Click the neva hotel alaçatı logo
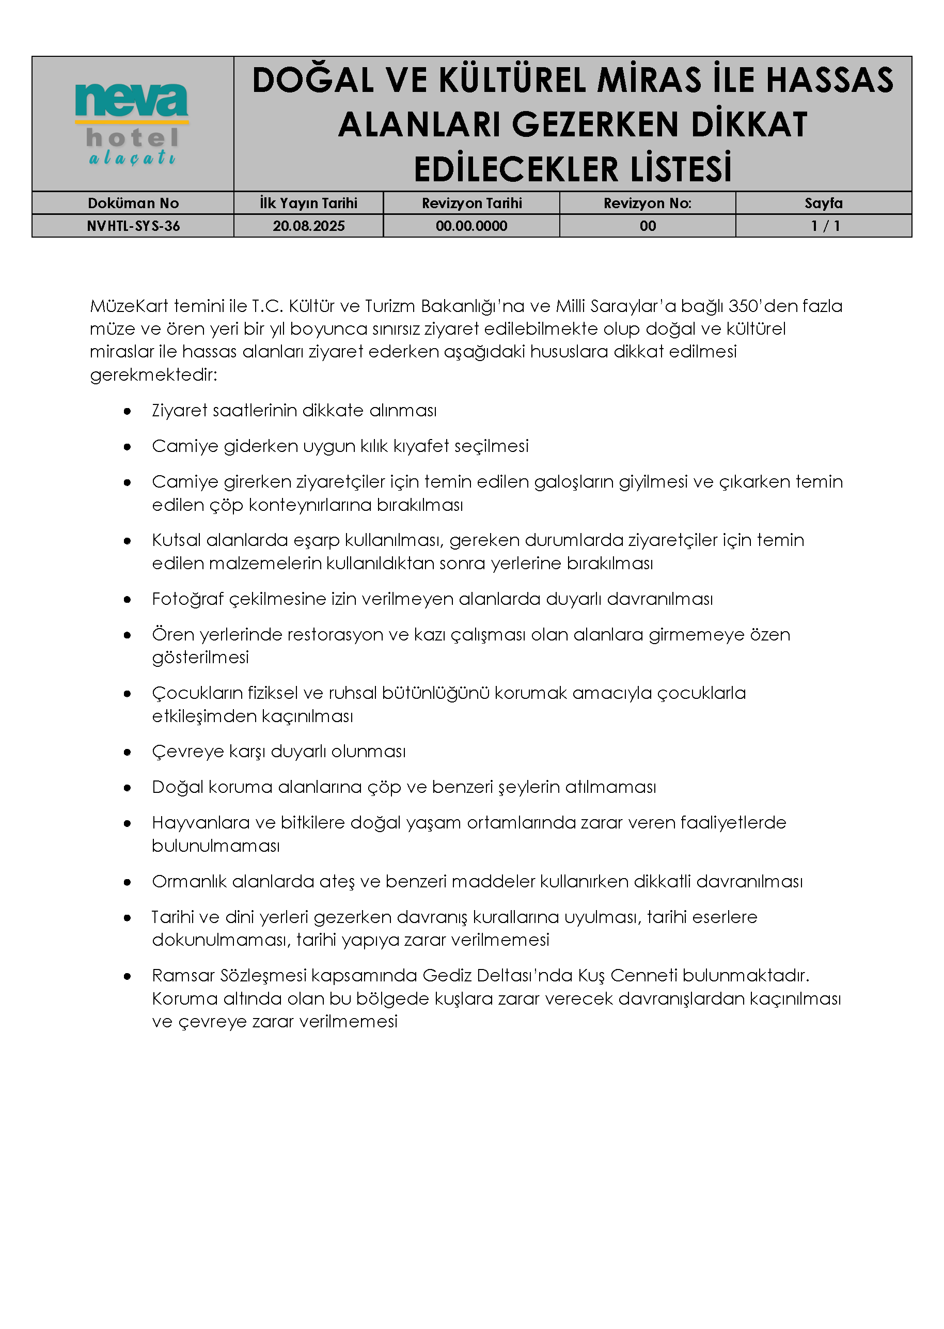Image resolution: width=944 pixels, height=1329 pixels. (132, 124)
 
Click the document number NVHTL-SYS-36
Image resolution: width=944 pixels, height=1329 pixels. (133, 226)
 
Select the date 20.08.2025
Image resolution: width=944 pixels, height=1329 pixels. (309, 226)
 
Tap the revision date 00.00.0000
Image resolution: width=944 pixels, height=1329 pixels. (471, 226)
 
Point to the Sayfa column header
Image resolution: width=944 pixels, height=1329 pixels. (823, 203)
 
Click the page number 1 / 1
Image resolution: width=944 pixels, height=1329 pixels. (825, 226)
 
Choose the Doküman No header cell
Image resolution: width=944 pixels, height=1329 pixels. (133, 203)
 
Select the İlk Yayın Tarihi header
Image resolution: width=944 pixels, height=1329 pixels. (309, 203)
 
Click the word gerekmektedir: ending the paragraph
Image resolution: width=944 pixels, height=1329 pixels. (153, 375)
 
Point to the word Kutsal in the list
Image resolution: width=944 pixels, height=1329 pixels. (176, 540)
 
